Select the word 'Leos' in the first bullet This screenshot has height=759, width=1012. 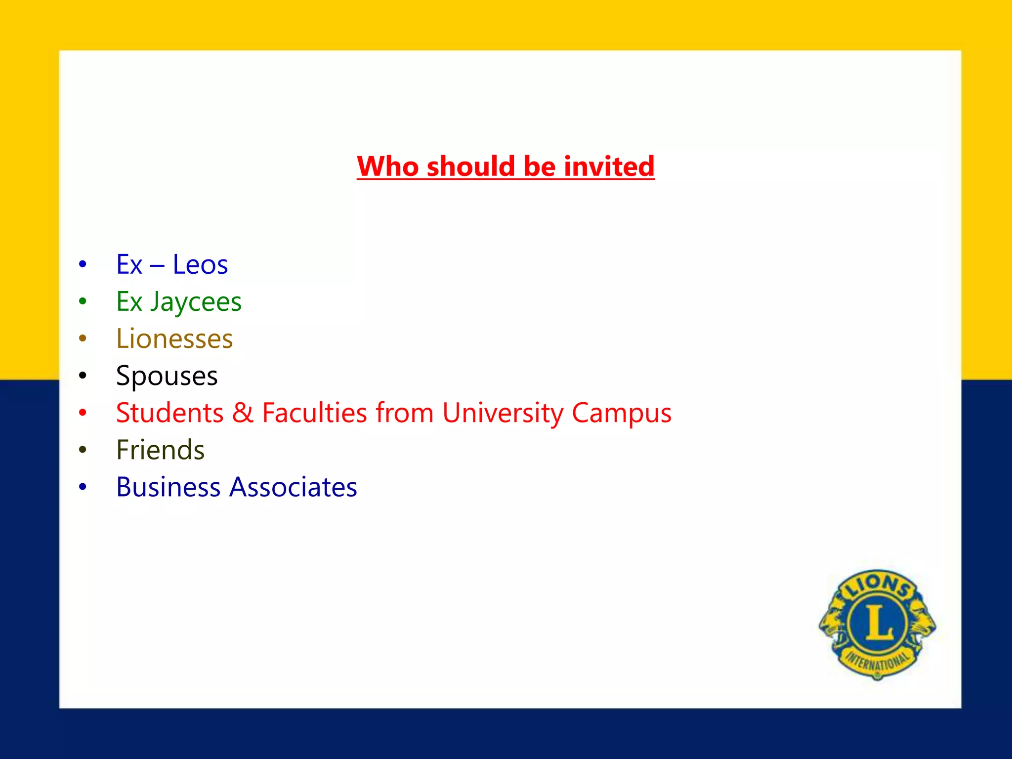(x=200, y=264)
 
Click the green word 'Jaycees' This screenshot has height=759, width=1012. (x=196, y=302)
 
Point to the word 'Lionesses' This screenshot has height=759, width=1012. (x=174, y=339)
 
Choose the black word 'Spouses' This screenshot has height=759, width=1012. (x=167, y=376)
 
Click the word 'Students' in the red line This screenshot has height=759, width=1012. (x=170, y=413)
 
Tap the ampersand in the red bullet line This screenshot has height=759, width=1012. (x=243, y=413)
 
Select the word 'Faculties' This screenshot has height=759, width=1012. (x=315, y=413)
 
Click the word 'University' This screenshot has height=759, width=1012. (x=503, y=413)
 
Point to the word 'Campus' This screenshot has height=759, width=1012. (x=622, y=413)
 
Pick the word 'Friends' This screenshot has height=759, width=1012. (x=161, y=450)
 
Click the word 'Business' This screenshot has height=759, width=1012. (x=169, y=487)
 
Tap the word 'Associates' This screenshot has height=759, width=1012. (x=294, y=487)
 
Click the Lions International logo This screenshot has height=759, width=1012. (x=877, y=624)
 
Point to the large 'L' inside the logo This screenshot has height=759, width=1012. (x=878, y=622)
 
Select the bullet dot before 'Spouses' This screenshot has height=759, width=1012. (x=83, y=376)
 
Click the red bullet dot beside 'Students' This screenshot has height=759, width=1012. (x=83, y=413)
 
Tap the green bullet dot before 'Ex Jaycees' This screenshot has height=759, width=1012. (x=83, y=301)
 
